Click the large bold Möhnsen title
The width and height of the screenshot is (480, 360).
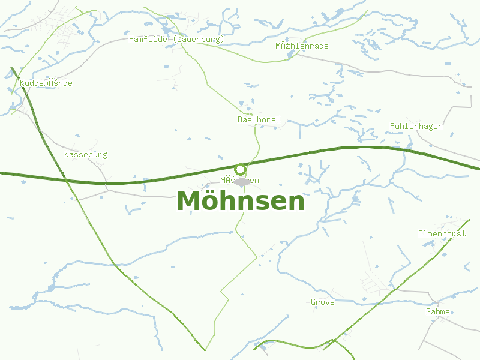tap(241, 201)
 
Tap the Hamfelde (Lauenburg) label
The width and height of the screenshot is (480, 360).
tap(176, 39)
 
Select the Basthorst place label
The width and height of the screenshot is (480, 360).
tap(259, 119)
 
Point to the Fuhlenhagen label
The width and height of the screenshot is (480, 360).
tap(416, 126)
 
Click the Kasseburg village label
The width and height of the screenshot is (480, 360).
tap(85, 154)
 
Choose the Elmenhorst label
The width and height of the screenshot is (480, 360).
tap(442, 233)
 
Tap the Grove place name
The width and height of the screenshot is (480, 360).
tap(322, 302)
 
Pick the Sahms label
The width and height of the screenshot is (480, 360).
tap(437, 311)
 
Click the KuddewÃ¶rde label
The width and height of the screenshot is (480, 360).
tap(46, 83)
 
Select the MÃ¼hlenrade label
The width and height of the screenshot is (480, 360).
tap(302, 46)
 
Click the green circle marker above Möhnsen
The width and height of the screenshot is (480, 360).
tap(241, 169)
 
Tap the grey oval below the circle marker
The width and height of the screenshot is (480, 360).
tap(242, 181)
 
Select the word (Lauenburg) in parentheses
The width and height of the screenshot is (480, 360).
tap(198, 39)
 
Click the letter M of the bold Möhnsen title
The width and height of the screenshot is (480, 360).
tap(190, 201)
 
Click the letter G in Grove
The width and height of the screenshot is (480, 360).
tap(313, 302)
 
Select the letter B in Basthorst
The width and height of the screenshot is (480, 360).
tap(240, 119)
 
